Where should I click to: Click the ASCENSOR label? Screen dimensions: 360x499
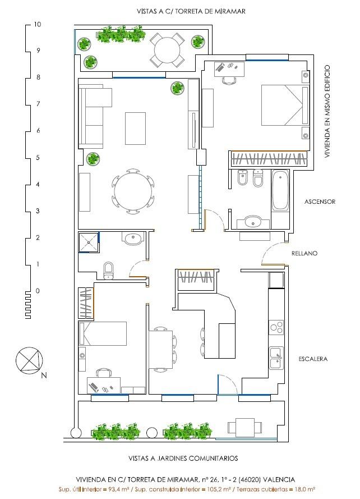click(320, 202)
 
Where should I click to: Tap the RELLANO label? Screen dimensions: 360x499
click(304, 253)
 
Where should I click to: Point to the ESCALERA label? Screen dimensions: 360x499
click(312, 359)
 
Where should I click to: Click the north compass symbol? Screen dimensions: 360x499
click(29, 360)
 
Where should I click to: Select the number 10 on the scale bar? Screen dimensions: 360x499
click(38, 24)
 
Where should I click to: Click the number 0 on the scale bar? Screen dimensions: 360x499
click(38, 291)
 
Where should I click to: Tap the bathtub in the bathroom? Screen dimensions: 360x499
click(280, 190)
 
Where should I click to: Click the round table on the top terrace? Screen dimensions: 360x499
click(167, 51)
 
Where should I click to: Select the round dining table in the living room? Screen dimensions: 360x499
click(133, 192)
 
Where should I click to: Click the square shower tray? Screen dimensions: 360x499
click(89, 242)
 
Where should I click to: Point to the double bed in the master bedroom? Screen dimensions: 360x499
click(285, 105)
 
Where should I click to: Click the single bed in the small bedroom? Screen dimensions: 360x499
click(103, 333)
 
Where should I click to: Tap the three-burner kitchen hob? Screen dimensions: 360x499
click(276, 327)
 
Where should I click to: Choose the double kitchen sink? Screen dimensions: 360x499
click(276, 358)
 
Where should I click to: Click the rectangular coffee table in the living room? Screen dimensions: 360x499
click(136, 128)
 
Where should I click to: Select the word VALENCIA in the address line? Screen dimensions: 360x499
click(279, 479)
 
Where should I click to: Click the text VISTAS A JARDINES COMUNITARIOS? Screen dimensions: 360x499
click(183, 458)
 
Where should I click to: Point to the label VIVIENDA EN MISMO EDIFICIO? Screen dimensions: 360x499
click(327, 111)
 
